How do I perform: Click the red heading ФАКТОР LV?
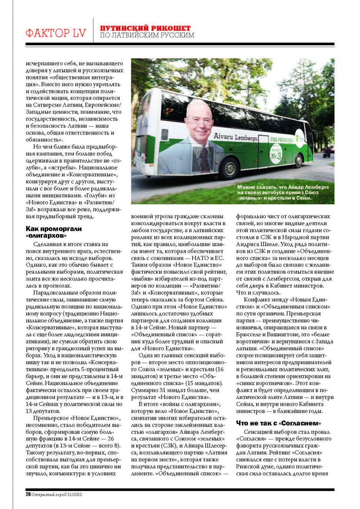56,33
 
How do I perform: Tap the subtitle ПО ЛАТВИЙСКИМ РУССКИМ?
147,35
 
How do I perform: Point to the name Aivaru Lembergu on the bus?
235,137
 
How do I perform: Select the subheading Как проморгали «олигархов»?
54,232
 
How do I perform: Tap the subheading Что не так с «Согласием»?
278,423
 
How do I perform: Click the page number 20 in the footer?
28,494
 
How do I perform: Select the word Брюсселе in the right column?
249,335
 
